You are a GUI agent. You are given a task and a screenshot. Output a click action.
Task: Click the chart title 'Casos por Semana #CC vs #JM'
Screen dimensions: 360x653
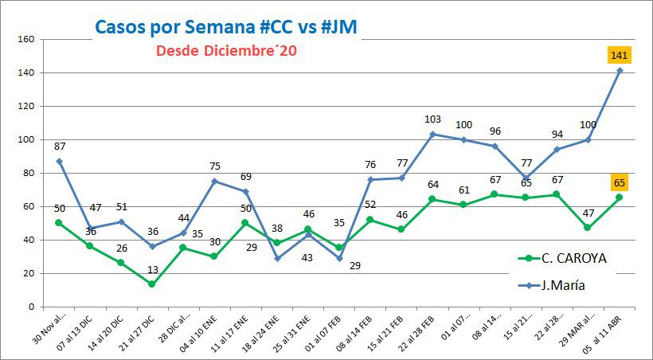click(226, 26)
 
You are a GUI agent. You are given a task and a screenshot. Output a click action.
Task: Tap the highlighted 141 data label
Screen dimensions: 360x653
click(620, 55)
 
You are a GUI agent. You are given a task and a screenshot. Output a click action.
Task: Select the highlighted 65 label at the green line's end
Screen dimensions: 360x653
click(620, 183)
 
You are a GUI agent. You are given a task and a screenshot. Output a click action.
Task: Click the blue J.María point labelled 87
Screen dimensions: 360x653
click(59, 161)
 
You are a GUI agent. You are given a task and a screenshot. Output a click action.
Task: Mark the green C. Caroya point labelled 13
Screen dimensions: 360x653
click(151, 284)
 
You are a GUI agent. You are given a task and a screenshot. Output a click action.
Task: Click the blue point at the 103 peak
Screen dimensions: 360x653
click(432, 134)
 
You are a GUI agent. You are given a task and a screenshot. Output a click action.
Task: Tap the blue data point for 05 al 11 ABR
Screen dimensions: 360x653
click(620, 70)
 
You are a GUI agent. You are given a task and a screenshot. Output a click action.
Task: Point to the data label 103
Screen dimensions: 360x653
click(432, 119)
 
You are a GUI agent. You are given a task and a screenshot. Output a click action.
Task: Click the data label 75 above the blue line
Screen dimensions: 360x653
click(214, 166)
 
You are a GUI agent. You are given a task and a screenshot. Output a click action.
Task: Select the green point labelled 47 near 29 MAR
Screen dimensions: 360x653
click(588, 228)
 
